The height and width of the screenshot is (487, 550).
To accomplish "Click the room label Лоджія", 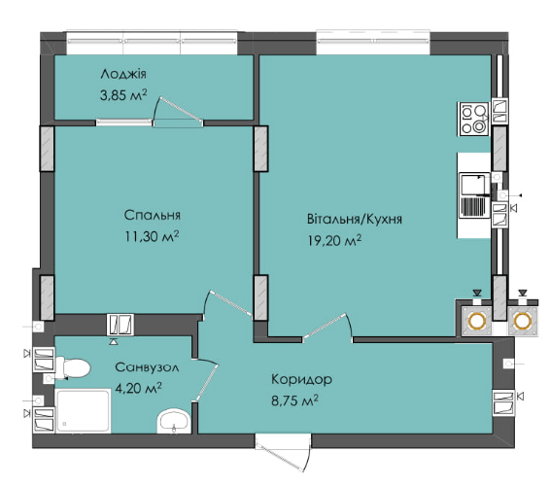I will (122, 75).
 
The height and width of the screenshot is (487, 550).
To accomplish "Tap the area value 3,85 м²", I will (122, 94).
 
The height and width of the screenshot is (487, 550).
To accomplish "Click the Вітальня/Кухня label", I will (354, 220).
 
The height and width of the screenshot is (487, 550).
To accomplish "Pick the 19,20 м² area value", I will (335, 239).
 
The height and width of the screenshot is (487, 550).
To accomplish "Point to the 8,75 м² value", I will (293, 399).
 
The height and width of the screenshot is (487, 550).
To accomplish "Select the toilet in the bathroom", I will (72, 366).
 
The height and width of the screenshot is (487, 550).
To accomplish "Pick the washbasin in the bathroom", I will (175, 420).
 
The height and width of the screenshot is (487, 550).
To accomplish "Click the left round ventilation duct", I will (476, 321).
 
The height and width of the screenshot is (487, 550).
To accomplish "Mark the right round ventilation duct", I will (523, 321).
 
